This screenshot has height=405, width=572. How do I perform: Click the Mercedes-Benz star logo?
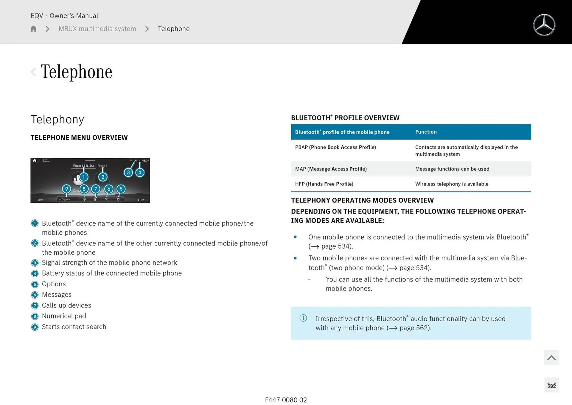pos(544,25)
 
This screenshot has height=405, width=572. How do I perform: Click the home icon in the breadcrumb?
pos(33,29)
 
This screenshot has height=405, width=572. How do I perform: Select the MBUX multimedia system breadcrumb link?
pos(97,29)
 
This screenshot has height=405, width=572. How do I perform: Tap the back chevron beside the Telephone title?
pos(33,72)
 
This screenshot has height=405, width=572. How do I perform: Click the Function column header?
pos(426,132)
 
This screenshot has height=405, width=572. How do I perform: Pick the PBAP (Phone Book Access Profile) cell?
pos(335,147)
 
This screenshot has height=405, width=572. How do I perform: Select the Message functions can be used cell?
pos(452,169)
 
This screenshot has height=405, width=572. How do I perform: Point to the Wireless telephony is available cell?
pos(452,184)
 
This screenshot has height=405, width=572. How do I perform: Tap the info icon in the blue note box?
pos(303,318)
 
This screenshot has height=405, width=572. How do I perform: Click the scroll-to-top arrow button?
pos(551,358)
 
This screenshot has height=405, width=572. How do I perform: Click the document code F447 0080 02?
pos(286,400)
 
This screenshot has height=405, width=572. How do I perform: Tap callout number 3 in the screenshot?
pos(128,172)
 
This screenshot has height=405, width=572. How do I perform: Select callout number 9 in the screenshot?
pos(66,189)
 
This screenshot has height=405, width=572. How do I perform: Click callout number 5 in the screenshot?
pos(121,189)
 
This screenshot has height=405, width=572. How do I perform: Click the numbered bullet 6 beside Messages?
pos(35,295)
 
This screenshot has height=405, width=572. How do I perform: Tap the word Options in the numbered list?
pos(54,284)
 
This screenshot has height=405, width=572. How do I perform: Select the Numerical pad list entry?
pos(64,316)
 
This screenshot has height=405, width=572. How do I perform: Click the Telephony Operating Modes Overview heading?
pos(362,200)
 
